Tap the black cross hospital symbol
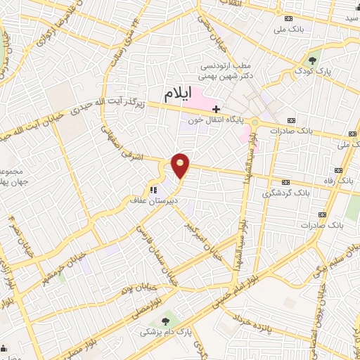pyautogui.click(x=217, y=109)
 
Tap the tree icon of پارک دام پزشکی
pyautogui.click(x=165, y=321)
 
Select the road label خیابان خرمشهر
pyautogui.click(x=49, y=250)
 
